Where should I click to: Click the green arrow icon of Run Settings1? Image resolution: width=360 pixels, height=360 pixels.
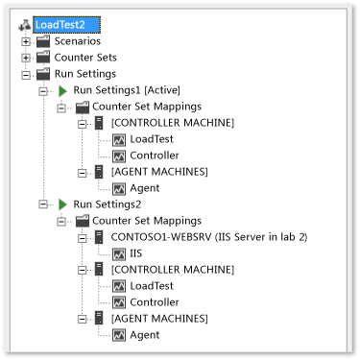point(62,90)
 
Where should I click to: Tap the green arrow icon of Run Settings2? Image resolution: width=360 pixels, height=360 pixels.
point(62,204)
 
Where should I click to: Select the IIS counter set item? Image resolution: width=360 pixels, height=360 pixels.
point(137,253)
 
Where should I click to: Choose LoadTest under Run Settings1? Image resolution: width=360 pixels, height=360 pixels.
point(153,139)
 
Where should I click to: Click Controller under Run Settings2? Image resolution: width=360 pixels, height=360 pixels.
point(154,302)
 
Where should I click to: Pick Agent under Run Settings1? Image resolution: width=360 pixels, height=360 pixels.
point(145,188)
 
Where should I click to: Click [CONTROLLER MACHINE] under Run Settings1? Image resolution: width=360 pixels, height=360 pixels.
point(172,123)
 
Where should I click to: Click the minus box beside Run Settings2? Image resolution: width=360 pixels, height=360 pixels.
point(43,204)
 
